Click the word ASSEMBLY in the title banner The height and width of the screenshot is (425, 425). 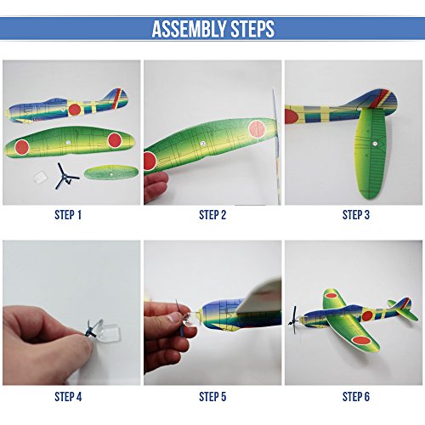[186, 29]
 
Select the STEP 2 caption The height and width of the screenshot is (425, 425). [212, 215]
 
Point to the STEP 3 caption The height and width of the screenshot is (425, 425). [355, 215]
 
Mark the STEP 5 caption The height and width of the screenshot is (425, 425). [212, 397]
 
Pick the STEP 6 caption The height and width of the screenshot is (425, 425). [355, 397]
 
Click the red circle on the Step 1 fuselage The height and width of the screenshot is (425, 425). [74, 109]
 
